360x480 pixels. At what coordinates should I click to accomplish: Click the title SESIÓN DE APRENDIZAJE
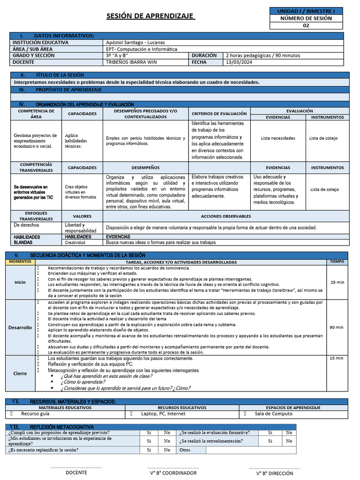(x=150, y=16)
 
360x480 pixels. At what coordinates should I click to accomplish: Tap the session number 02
(x=306, y=26)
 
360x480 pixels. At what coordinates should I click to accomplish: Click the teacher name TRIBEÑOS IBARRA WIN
(x=132, y=62)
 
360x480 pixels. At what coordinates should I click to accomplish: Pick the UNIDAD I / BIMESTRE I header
(x=306, y=11)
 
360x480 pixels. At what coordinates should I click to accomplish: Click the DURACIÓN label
(x=204, y=55)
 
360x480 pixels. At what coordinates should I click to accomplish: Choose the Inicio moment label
(x=20, y=282)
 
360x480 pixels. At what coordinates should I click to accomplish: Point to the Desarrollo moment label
(x=20, y=327)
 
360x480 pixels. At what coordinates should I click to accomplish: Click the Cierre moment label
(x=20, y=373)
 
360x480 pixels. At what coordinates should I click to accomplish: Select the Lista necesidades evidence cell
(x=278, y=138)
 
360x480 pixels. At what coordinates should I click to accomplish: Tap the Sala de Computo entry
(x=273, y=414)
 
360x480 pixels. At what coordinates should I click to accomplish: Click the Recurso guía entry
(x=35, y=414)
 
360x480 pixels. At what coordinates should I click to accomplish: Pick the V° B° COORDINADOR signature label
(x=173, y=473)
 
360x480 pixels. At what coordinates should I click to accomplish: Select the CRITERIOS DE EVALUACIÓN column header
(x=219, y=113)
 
